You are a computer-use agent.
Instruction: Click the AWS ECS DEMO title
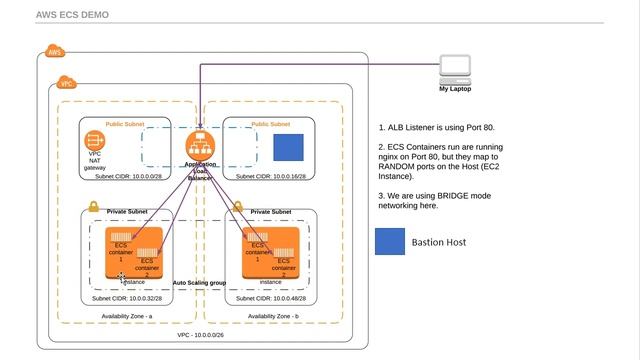point(73,15)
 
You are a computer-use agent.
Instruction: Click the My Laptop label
point(455,89)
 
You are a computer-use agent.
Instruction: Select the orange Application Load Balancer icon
point(201,145)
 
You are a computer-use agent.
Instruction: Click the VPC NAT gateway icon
point(95,142)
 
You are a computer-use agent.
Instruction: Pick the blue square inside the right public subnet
point(288,148)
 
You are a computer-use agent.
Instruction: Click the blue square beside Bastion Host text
point(390,242)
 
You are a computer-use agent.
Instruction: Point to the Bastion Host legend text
point(440,242)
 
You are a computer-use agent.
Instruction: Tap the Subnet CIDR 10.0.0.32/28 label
point(129,298)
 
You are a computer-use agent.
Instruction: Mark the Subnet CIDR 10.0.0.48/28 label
point(268,298)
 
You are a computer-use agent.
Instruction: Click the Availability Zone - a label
point(126,316)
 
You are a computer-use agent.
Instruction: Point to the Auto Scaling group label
point(199,283)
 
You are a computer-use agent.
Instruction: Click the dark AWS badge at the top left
point(54,52)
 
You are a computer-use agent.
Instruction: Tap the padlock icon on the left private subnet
point(93,206)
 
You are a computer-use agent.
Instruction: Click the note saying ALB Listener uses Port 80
point(436,128)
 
